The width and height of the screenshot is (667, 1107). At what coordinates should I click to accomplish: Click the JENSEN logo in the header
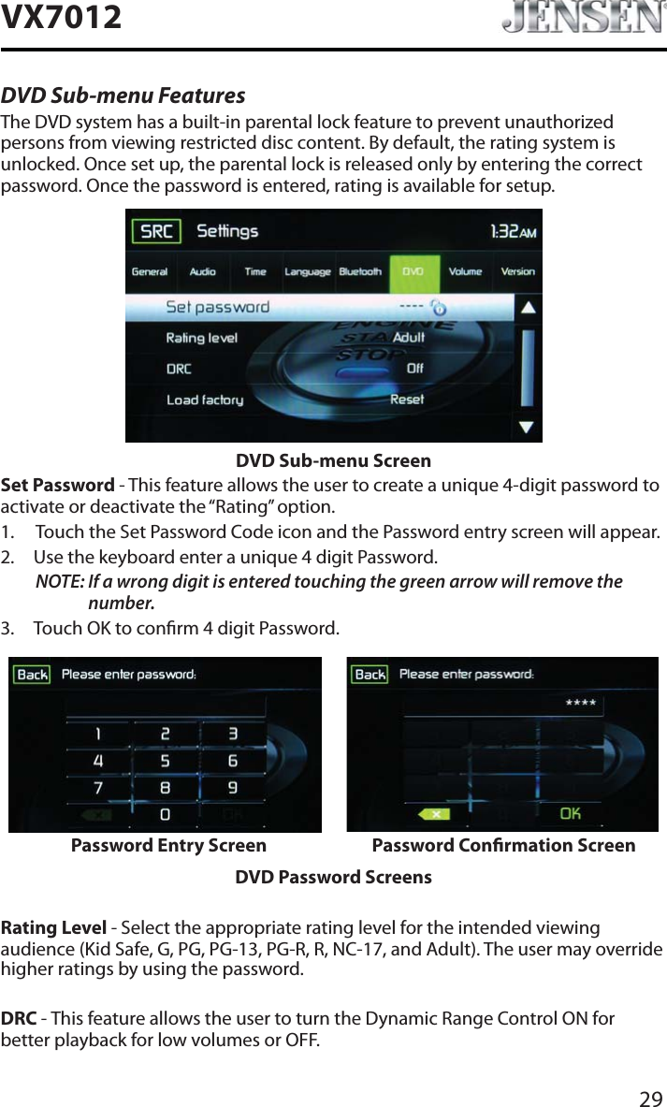click(x=582, y=19)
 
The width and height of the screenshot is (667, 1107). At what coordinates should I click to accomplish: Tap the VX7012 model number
click(x=62, y=17)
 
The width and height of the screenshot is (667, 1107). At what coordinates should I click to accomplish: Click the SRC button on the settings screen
click(x=156, y=230)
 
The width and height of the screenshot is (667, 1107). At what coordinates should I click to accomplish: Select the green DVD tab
click(x=413, y=272)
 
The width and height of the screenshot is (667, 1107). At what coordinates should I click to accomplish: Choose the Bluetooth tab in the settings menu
click(x=360, y=272)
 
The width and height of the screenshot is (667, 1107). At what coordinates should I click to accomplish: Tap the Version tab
click(x=517, y=272)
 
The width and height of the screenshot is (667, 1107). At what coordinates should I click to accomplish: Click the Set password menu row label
click(x=217, y=307)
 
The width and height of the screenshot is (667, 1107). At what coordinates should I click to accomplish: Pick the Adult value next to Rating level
click(x=408, y=337)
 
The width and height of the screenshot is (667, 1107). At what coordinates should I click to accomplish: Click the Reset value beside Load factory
click(x=406, y=400)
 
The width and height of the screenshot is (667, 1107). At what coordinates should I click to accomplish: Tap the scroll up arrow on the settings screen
click(x=528, y=307)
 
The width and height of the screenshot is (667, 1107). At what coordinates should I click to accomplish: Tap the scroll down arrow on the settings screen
click(x=528, y=428)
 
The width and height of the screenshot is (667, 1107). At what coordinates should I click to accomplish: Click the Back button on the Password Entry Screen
click(x=32, y=675)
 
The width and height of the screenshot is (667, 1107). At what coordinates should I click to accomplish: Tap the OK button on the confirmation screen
click(x=570, y=814)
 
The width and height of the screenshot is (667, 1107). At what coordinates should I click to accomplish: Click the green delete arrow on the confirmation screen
click(x=435, y=814)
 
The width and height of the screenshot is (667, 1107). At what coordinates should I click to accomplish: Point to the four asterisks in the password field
click(x=581, y=703)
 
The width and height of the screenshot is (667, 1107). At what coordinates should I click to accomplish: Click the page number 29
click(x=650, y=1097)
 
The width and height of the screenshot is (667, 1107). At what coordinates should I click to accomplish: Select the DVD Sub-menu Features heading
click(x=123, y=96)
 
